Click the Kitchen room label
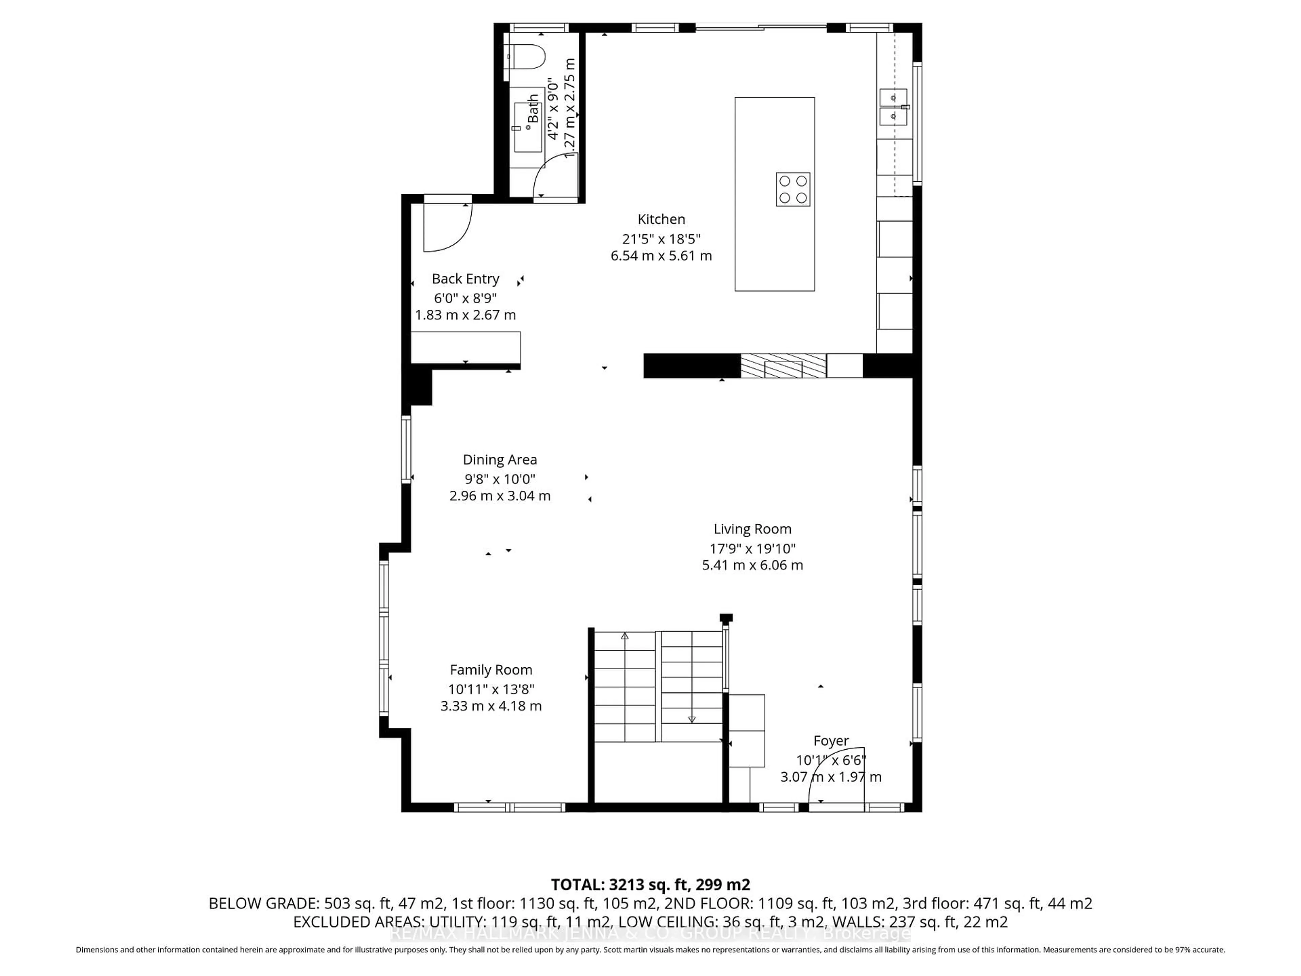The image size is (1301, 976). (x=661, y=219)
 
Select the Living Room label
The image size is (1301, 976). (x=752, y=529)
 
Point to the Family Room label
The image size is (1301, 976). (x=491, y=670)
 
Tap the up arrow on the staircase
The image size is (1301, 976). (x=625, y=636)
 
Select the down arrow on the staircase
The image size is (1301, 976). (x=692, y=719)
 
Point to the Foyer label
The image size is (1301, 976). (x=830, y=741)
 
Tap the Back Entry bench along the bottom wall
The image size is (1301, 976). (x=464, y=347)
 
